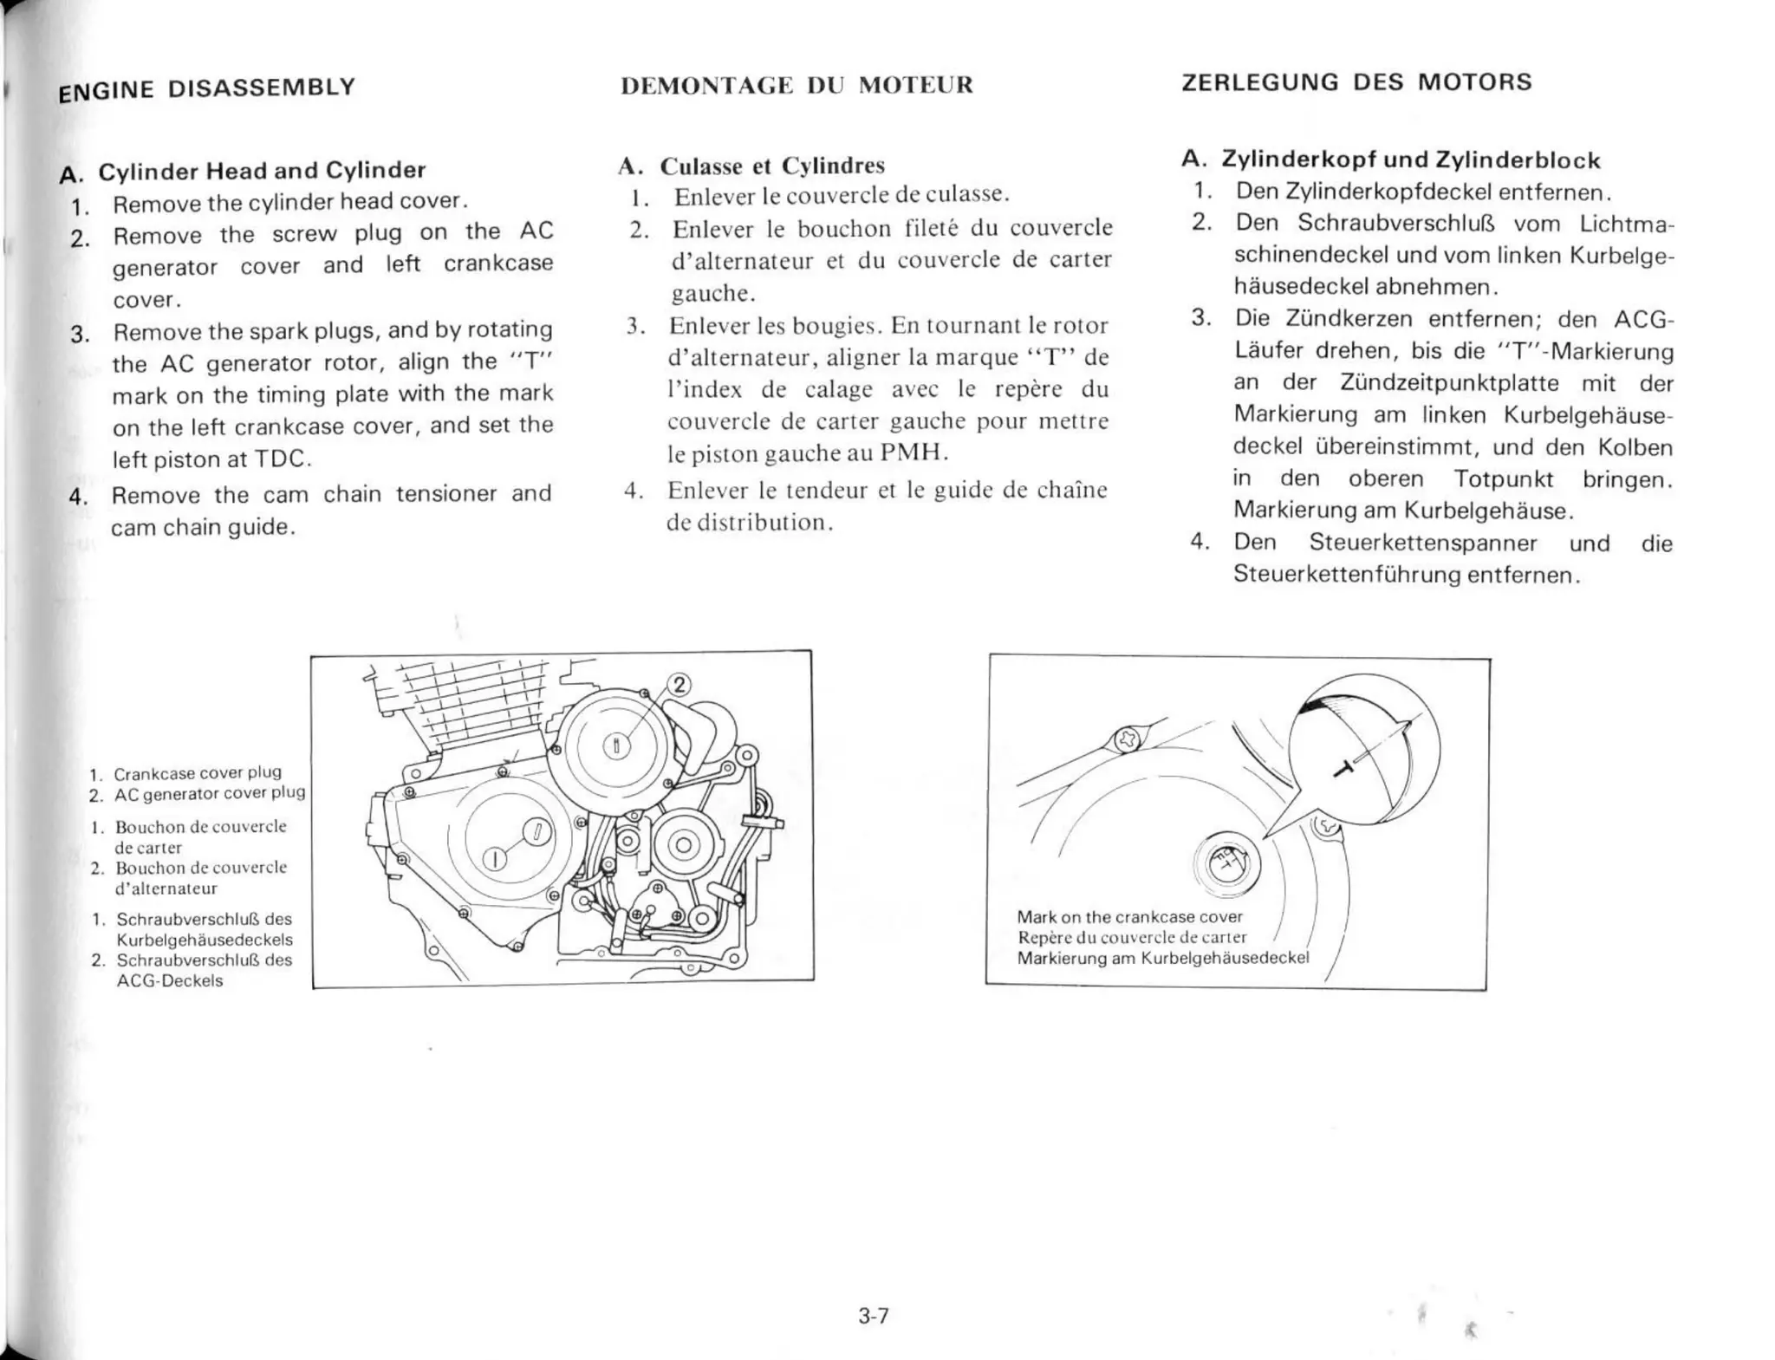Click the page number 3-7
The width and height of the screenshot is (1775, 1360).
[x=873, y=1316]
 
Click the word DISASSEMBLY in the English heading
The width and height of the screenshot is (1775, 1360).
[x=262, y=88]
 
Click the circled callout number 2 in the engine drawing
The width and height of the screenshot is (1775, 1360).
[x=679, y=685]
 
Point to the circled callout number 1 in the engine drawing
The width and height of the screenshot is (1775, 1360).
[x=494, y=859]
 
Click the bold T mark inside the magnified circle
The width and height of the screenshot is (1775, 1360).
[x=1344, y=766]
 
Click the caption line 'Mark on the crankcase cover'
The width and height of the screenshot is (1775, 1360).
[x=1129, y=917]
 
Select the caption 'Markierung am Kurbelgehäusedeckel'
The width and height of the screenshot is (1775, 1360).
[x=1162, y=958]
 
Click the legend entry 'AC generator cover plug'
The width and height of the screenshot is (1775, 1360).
[x=210, y=793]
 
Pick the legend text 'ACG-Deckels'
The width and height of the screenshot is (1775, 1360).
[x=170, y=981]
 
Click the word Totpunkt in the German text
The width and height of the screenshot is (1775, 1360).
[x=1503, y=478]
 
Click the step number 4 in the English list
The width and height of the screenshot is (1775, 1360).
[x=78, y=497]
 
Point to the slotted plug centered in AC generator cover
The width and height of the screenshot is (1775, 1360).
[x=615, y=745]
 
